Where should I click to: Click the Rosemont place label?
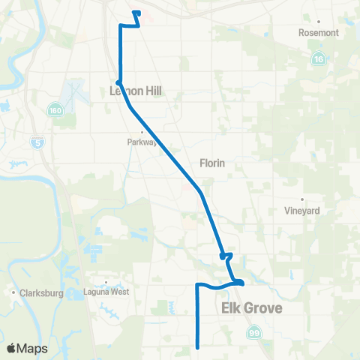pyautogui.click(x=319, y=33)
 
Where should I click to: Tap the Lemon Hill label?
pyautogui.click(x=136, y=91)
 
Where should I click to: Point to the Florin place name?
pyautogui.click(x=212, y=163)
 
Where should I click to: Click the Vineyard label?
pyautogui.click(x=303, y=211)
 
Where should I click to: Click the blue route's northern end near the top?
pyautogui.click(x=134, y=13)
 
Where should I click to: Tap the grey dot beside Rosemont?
pyautogui.click(x=319, y=22)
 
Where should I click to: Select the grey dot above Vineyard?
pyautogui.click(x=303, y=199)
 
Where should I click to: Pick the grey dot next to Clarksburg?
pyautogui.click(x=13, y=294)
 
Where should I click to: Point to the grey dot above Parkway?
pyautogui.click(x=142, y=130)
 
